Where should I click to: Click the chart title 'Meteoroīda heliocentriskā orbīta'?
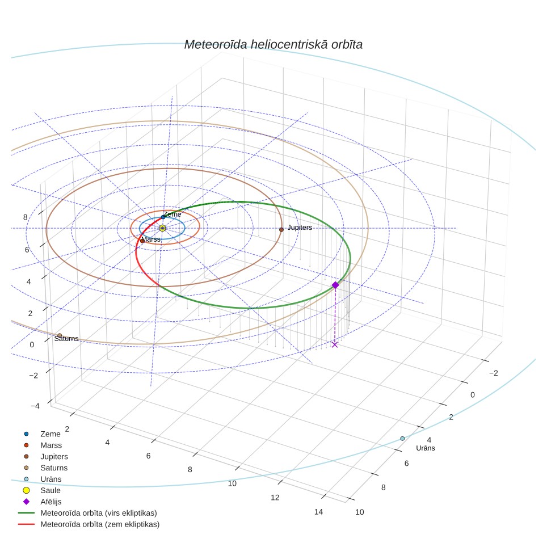pos(273,44)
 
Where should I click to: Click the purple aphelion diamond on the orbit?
pos(335,285)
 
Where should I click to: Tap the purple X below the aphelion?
pos(335,344)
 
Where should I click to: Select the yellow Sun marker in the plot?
pos(162,228)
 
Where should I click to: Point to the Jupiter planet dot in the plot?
pos(281,230)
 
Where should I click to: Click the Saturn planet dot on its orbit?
pos(60,335)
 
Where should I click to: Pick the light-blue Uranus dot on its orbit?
pos(402,439)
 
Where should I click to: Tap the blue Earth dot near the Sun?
pos(163,217)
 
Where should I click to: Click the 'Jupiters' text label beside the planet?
pos(300,228)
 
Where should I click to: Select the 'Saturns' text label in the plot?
pos(66,338)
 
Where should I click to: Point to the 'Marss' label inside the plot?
pos(151,239)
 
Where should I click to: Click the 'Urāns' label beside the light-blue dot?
pos(425,448)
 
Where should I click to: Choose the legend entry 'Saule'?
pos(51,490)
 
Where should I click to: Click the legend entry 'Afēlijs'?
pos(51,501)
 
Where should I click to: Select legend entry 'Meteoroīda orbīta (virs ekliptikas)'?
pos(99,513)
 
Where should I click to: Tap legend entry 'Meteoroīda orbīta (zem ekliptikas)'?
pos(100,524)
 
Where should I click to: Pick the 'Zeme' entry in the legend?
pos(51,434)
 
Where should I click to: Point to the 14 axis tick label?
pos(318,512)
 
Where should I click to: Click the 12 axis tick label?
pos(275,498)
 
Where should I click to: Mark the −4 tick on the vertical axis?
pos(35,406)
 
